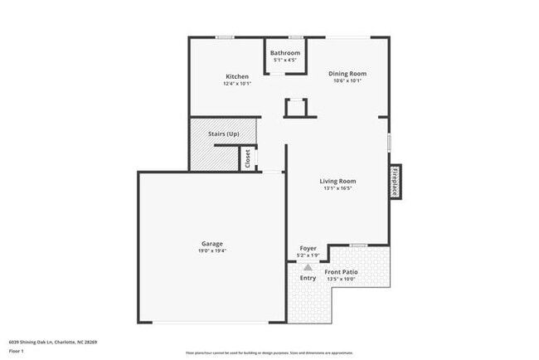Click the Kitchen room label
236,76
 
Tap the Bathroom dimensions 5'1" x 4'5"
284,60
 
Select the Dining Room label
348,74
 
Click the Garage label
212,243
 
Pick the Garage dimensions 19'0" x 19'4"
212,251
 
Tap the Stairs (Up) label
222,133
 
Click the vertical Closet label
247,158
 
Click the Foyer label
307,248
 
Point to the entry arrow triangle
308,267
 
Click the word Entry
308,278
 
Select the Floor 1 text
17,351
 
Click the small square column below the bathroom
295,108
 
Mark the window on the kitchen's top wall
224,37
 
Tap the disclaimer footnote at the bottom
269,352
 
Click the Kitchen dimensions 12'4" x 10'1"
236,84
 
